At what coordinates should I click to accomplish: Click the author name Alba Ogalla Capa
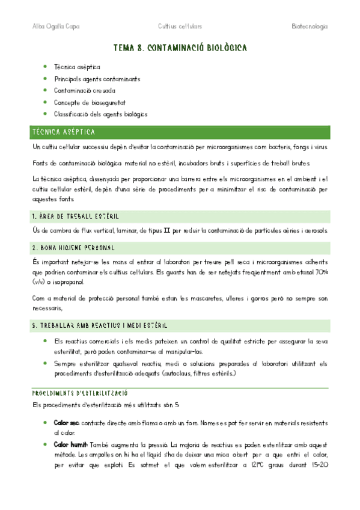tap(55, 26)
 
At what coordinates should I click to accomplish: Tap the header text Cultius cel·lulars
tap(180, 26)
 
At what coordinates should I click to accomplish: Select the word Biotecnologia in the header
tap(310, 26)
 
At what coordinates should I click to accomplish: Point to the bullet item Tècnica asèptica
tap(77, 67)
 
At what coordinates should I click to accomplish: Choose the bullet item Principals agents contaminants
tap(97, 79)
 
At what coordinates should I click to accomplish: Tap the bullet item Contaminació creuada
tap(84, 90)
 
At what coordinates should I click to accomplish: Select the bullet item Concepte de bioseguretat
tap(90, 102)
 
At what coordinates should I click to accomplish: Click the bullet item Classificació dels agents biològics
tap(100, 114)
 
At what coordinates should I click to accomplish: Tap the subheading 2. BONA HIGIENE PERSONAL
tap(74, 247)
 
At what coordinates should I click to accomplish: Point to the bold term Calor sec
tap(66, 423)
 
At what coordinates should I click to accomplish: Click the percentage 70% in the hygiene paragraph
tap(320, 272)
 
